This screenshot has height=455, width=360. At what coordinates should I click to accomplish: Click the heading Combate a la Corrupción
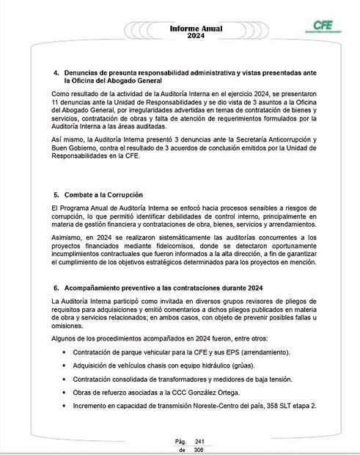click(x=103, y=195)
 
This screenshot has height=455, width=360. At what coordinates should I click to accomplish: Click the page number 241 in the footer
click(x=199, y=440)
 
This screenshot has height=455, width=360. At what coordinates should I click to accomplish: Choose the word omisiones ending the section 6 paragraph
click(x=69, y=324)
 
